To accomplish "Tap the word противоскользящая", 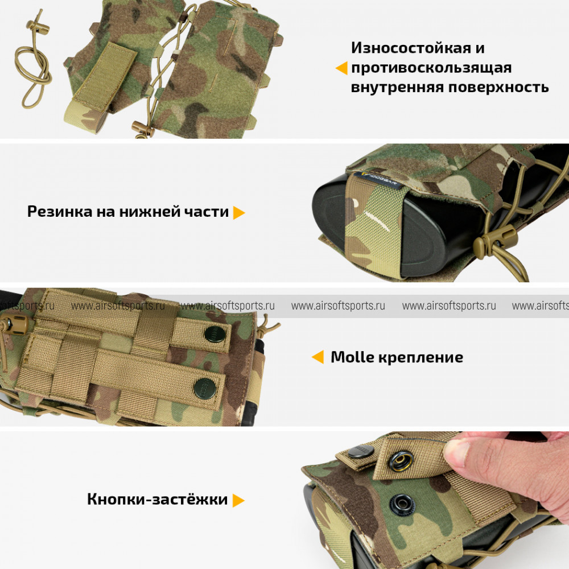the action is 431,68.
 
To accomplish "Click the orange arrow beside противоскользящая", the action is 341,68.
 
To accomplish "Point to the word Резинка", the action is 60,212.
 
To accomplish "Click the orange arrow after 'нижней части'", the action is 239,213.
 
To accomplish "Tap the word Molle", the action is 352,357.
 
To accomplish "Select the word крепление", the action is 421,358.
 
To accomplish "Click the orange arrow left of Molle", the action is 318,357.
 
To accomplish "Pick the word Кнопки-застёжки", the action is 158,500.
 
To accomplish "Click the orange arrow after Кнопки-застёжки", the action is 238,500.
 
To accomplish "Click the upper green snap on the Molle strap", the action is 215,334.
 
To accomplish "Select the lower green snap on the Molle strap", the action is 205,387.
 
